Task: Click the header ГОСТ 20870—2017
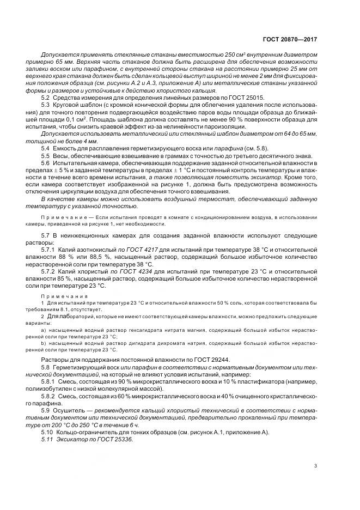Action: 290,40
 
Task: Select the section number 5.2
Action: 46,96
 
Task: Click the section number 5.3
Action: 46,103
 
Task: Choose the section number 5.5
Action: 46,155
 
